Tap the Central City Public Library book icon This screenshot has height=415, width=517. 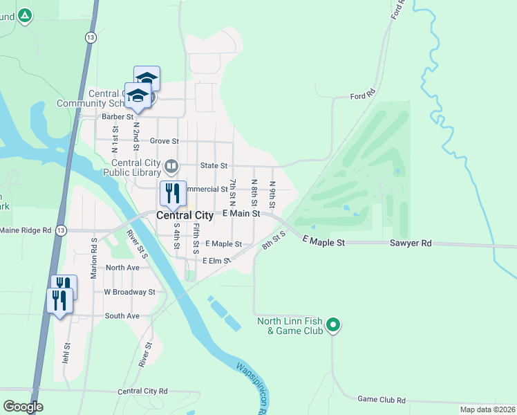pyautogui.click(x=171, y=166)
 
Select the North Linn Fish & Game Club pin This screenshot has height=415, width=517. pyautogui.click(x=333, y=324)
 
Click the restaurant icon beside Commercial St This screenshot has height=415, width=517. pyautogui.click(x=172, y=193)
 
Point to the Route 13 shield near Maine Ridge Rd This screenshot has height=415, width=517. pyautogui.click(x=62, y=230)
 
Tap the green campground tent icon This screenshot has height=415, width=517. pyautogui.click(x=25, y=15)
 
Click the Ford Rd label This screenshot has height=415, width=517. pyautogui.click(x=362, y=95)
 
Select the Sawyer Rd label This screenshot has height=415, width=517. pyautogui.click(x=410, y=243)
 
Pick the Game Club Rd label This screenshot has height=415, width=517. pyautogui.click(x=382, y=400)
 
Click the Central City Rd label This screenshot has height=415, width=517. pyautogui.click(x=143, y=391)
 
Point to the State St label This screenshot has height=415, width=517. pyautogui.click(x=214, y=166)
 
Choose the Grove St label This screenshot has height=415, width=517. pyautogui.click(x=164, y=141)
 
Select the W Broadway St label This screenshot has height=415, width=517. pyautogui.click(x=129, y=292)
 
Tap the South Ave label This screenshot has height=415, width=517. pyautogui.click(x=122, y=315)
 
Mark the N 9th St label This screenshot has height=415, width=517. pyautogui.click(x=273, y=192)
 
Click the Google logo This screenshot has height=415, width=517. pyautogui.click(x=23, y=407)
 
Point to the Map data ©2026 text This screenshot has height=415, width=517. pyautogui.click(x=487, y=409)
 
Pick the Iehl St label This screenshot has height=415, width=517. pyautogui.click(x=67, y=352)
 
